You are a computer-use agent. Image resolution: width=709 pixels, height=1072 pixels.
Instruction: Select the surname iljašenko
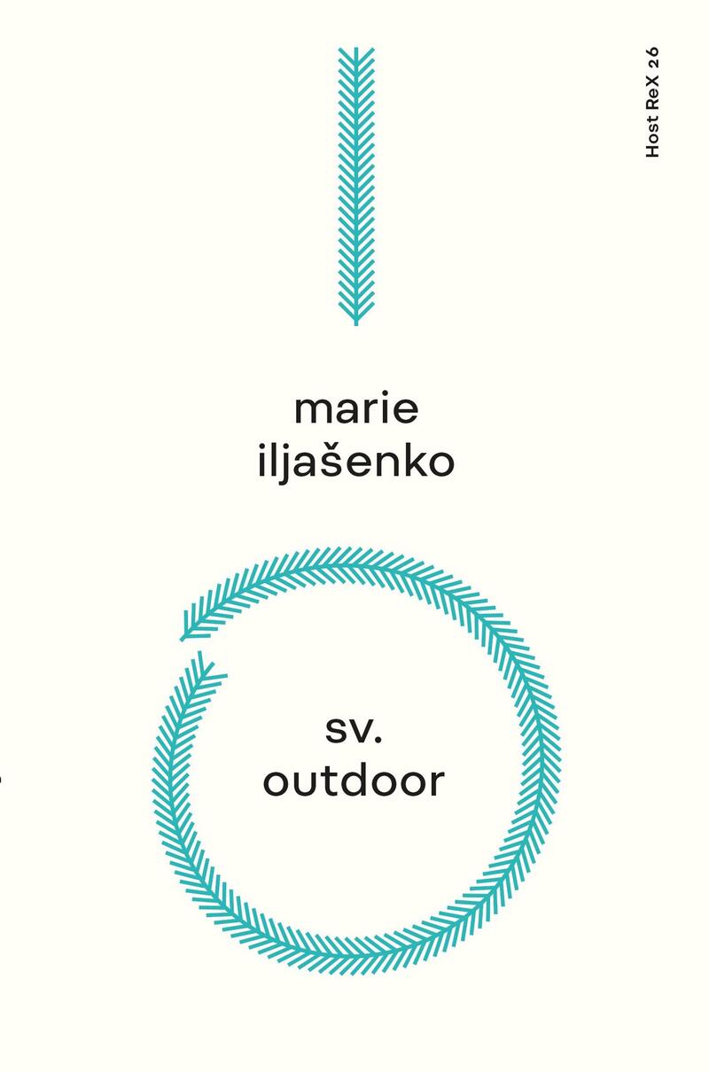pyautogui.click(x=355, y=462)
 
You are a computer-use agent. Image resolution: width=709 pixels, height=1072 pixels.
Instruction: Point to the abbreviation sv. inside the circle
pyautogui.click(x=354, y=730)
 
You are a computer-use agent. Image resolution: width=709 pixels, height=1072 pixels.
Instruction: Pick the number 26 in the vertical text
pyautogui.click(x=652, y=58)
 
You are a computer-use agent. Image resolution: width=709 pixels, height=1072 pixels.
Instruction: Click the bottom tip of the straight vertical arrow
pyautogui.click(x=355, y=325)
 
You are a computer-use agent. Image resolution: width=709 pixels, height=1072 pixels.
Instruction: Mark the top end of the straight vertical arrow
pyautogui.click(x=355, y=48)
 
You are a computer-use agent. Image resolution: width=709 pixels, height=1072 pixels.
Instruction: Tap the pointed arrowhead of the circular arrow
pyautogui.click(x=182, y=639)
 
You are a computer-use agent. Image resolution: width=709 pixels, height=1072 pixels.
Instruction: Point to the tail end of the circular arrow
pyautogui.click(x=201, y=653)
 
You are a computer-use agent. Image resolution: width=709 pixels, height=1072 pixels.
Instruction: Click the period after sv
pyautogui.click(x=378, y=738)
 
